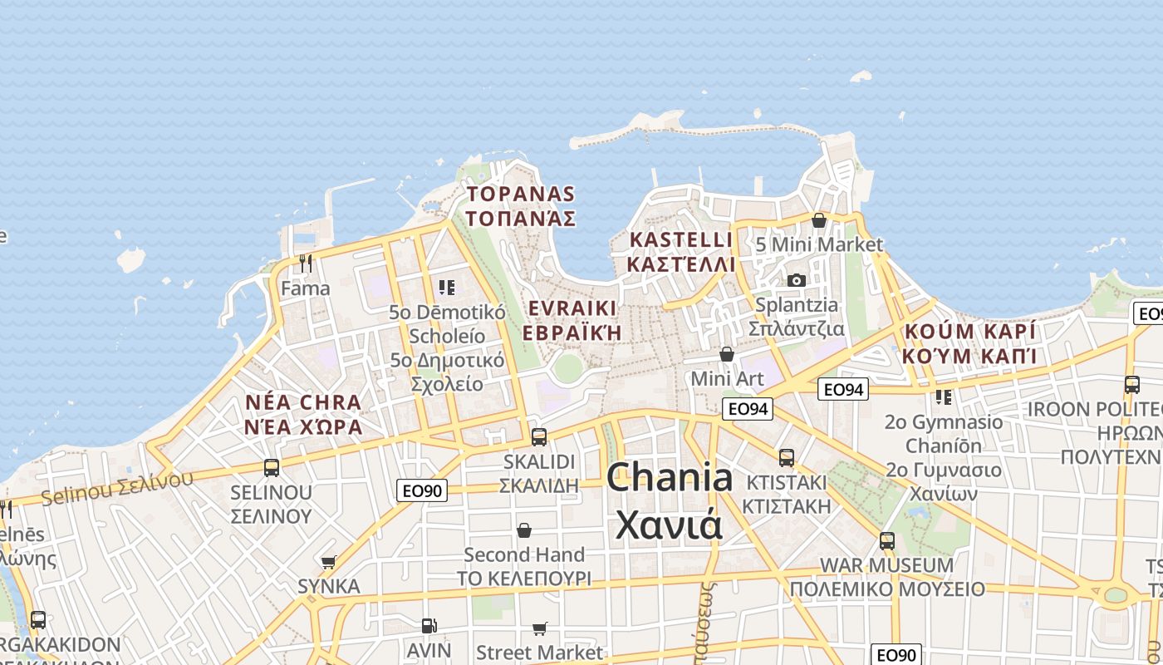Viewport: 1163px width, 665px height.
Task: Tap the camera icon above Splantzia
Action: (x=797, y=280)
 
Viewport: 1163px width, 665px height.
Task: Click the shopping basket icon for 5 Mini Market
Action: (x=819, y=220)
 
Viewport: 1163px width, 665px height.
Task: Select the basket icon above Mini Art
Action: (x=727, y=355)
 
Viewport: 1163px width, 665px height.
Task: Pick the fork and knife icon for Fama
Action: (x=306, y=264)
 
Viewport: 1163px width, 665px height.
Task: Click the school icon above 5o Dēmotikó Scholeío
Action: (x=447, y=288)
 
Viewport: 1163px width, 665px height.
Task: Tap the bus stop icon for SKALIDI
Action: (x=539, y=436)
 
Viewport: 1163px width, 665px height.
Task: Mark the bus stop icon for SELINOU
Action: (x=272, y=468)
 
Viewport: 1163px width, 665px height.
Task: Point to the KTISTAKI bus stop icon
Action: (x=786, y=457)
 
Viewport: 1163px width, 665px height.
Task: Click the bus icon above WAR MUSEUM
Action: (x=887, y=541)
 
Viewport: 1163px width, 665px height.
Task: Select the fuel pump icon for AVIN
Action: (x=429, y=626)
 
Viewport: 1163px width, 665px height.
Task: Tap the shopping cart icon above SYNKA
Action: (x=329, y=563)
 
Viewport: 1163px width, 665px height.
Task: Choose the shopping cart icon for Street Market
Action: (x=540, y=628)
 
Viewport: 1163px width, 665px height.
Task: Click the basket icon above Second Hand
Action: (x=524, y=530)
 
